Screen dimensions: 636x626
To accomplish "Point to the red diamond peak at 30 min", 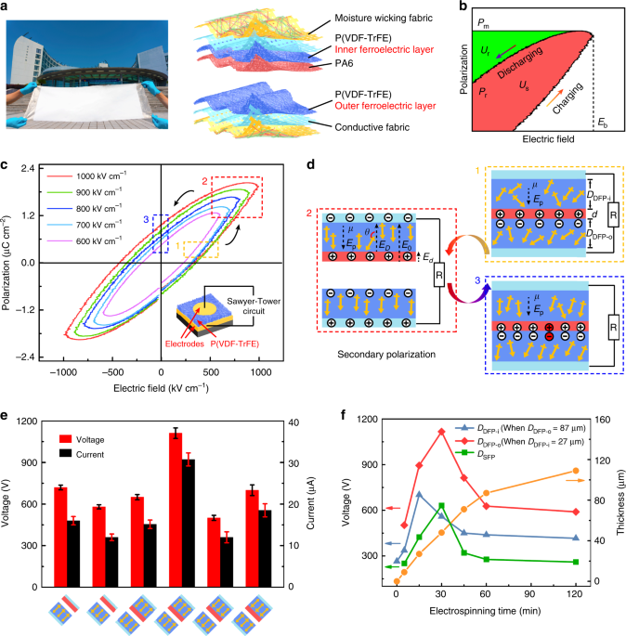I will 441,431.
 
